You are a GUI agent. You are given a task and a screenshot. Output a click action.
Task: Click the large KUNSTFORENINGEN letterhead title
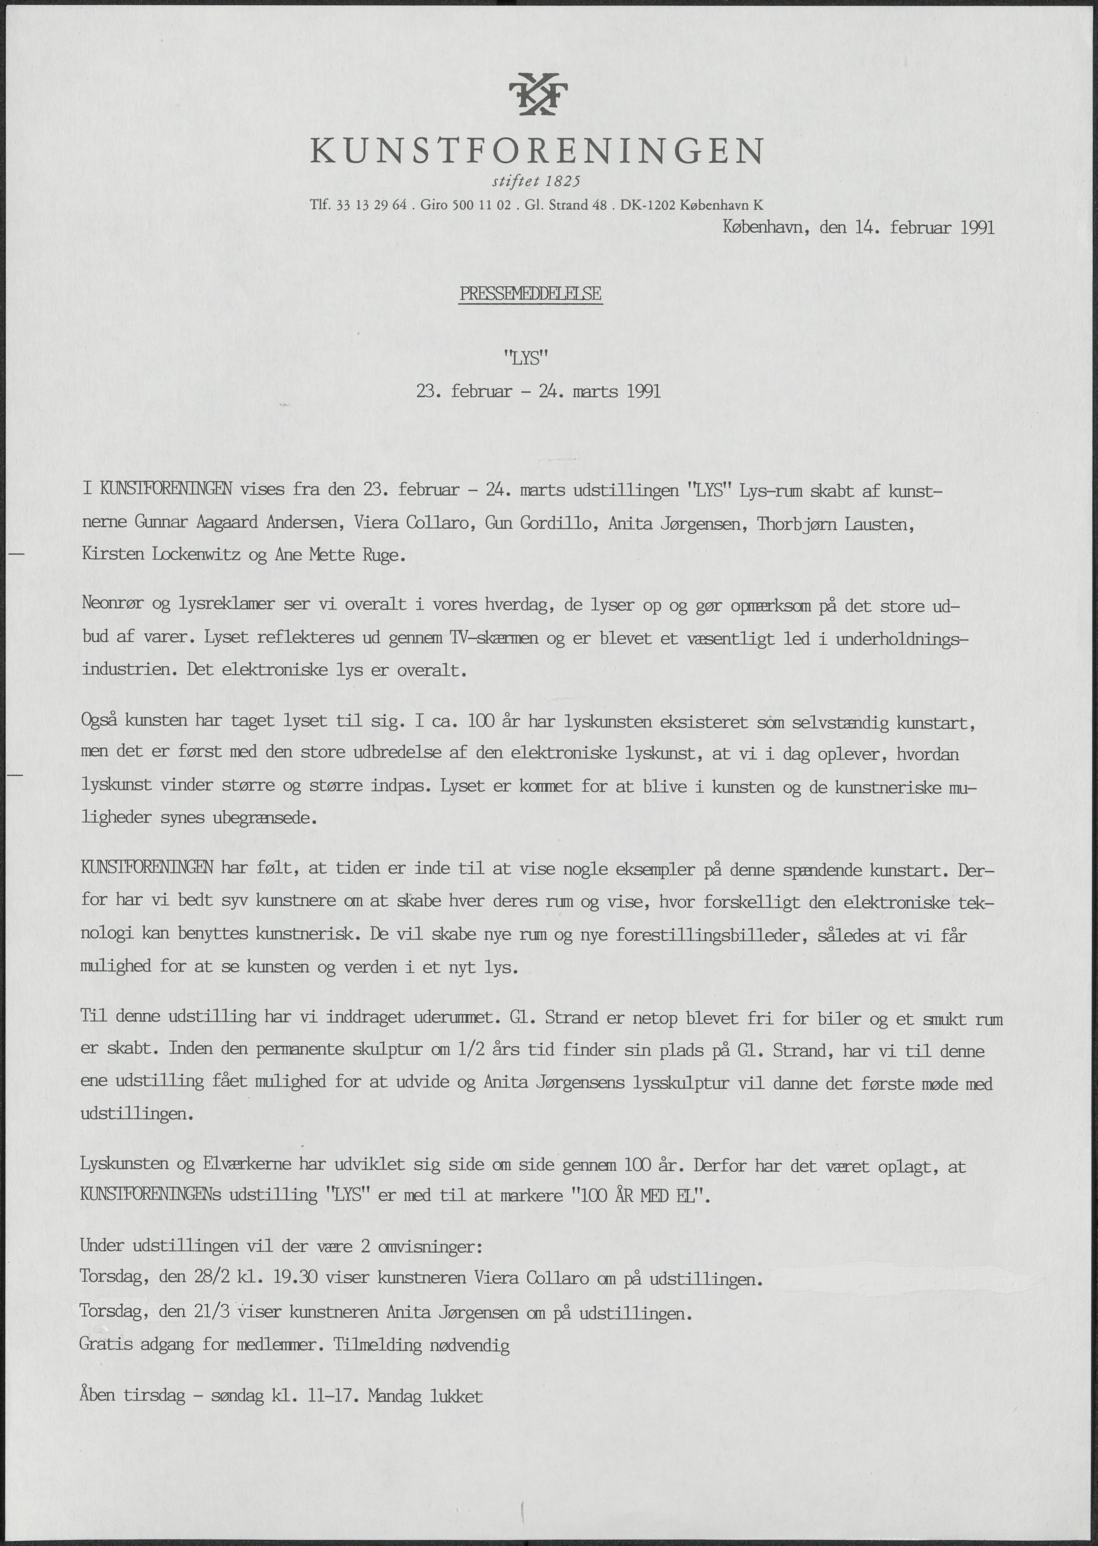point(537,151)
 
